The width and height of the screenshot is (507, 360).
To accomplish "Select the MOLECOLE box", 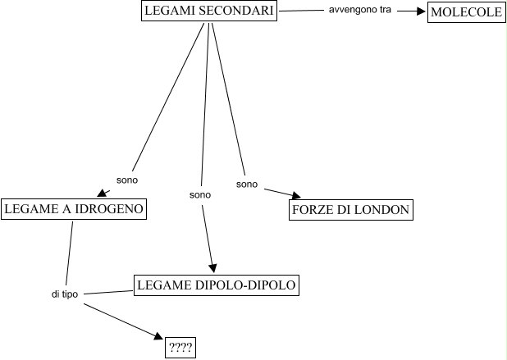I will coord(465,12).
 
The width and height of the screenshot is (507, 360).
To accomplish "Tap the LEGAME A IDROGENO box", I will coord(74,210).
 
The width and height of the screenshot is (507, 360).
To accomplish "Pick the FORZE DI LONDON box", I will coord(350,210).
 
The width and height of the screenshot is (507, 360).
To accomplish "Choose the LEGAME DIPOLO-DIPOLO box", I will coord(215,285).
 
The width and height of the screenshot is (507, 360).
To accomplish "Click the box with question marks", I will coord(180,348).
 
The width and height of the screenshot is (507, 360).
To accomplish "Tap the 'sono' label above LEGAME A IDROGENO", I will coord(127,179).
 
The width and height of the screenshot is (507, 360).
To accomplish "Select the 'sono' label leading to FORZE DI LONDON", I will coord(247,184).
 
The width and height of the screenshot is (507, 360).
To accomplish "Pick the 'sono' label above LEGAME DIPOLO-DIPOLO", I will coord(200,195).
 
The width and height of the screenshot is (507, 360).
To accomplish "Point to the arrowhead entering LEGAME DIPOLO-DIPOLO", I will coord(213,268).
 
